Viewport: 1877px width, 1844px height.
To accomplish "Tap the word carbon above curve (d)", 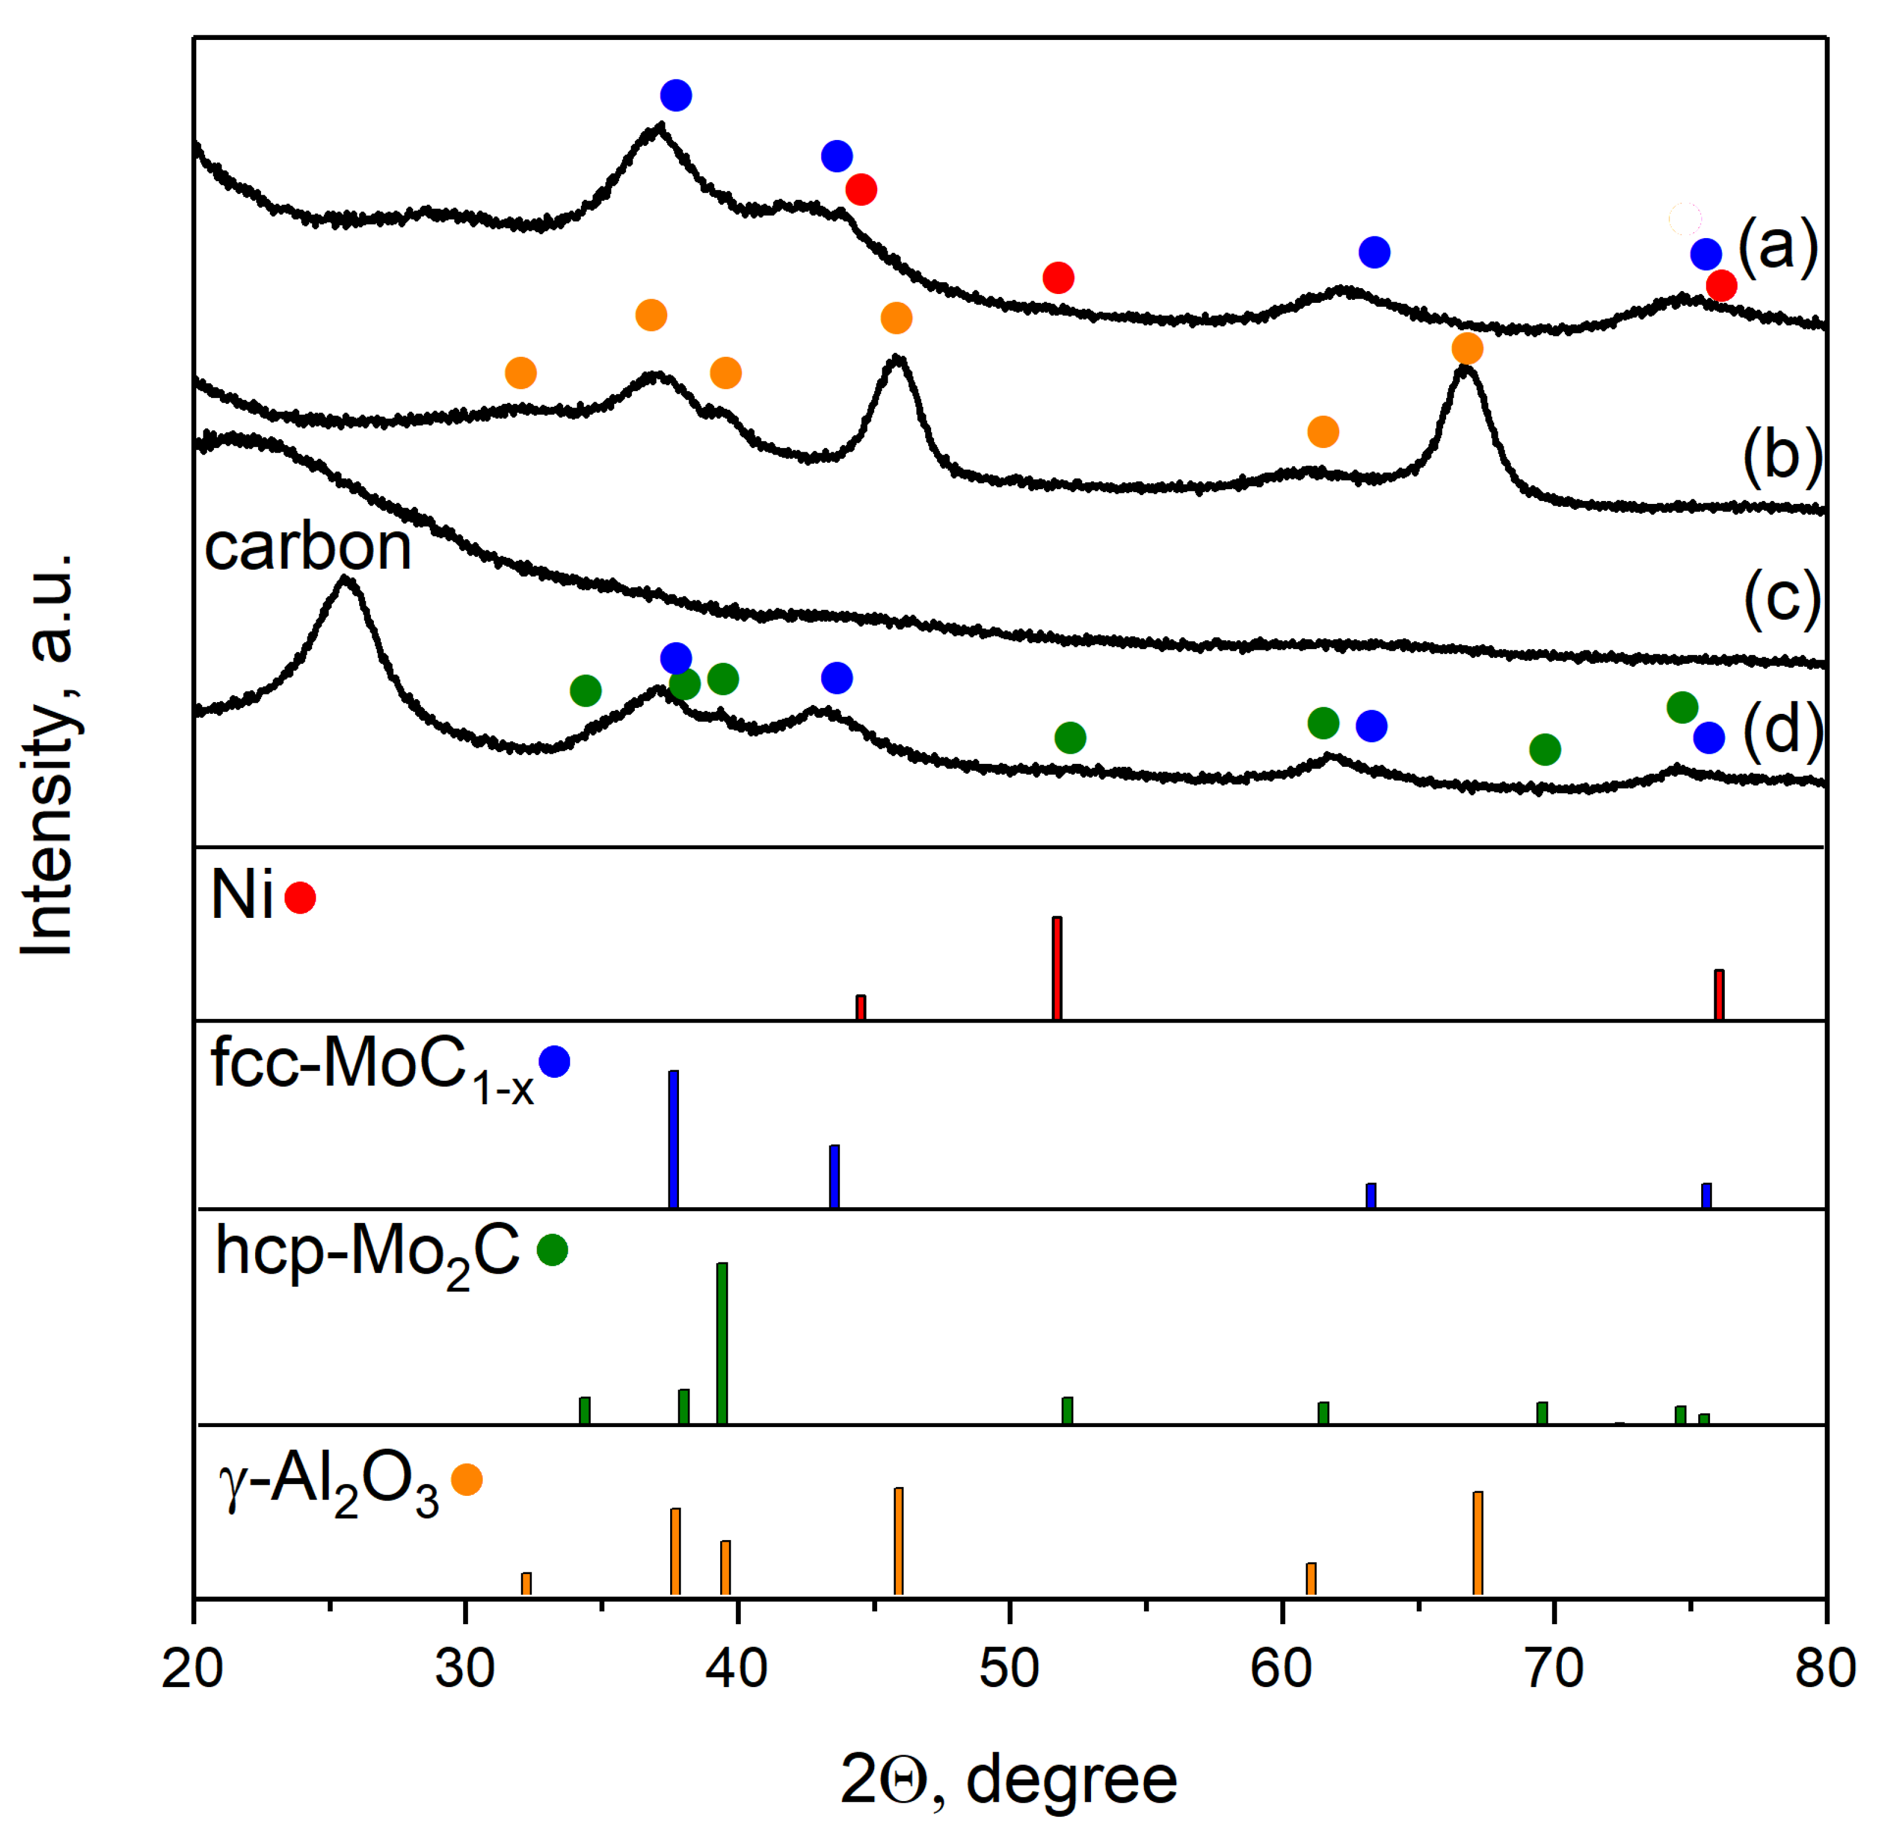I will tap(308, 547).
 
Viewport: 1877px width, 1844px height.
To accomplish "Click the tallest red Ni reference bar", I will tap(1057, 968).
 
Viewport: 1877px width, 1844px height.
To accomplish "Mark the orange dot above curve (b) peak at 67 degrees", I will tap(1467, 348).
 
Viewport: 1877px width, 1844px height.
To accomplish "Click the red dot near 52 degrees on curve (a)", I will tap(1058, 278).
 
